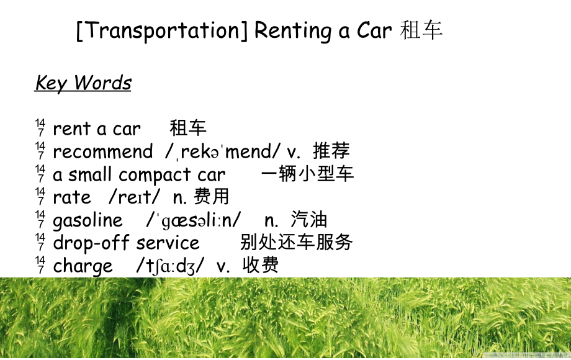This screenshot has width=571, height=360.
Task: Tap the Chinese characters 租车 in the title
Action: click(422, 30)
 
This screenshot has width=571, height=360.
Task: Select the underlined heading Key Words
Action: click(83, 83)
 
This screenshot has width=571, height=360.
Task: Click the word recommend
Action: click(102, 151)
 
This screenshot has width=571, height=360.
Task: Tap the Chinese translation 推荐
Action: click(331, 151)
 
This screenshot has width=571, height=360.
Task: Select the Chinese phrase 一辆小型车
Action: click(307, 174)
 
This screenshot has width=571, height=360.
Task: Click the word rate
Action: click(72, 197)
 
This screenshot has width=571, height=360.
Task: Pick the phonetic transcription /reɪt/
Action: click(135, 197)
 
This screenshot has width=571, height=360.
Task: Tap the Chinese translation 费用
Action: click(212, 197)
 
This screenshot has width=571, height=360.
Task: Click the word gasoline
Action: click(88, 220)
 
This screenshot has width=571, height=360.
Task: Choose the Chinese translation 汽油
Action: click(308, 220)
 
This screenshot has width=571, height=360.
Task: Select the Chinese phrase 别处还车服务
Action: click(297, 242)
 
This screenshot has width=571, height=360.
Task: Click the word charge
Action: click(83, 266)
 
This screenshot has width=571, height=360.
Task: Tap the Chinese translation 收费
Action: click(261, 266)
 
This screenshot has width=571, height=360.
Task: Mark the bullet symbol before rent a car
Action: click(40, 128)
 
